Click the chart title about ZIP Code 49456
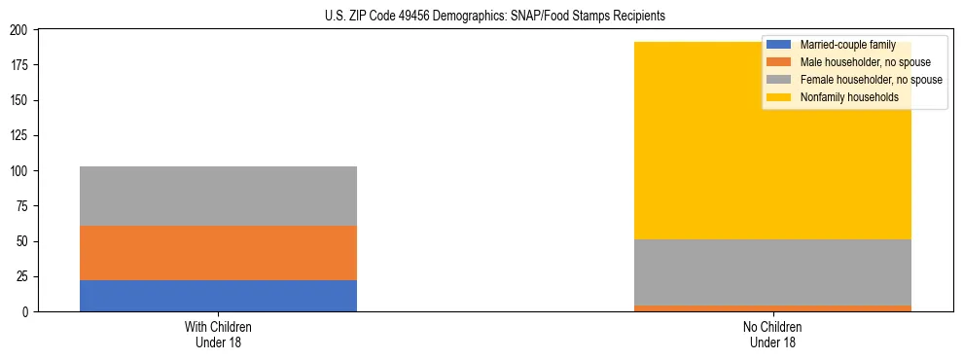495,17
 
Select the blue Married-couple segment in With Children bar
218,296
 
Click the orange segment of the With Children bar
218,253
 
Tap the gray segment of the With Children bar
218,196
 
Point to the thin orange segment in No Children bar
772,308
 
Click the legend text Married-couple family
847,45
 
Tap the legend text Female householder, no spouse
871,80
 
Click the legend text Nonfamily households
849,97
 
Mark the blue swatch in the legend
779,45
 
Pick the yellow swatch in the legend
779,97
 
